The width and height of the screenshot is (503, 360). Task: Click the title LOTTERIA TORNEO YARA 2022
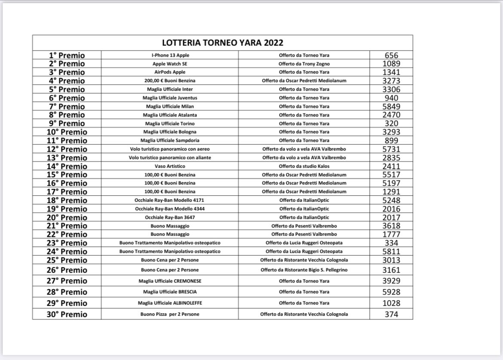(222, 43)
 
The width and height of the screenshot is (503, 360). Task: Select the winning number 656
(391, 55)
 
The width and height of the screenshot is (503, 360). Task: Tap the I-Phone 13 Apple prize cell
(170, 55)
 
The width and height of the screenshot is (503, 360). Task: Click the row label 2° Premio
(67, 64)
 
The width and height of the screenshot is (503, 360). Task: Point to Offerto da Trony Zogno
(304, 64)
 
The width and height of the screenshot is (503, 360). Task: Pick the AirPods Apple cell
(170, 72)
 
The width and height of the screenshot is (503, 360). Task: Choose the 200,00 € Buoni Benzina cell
(170, 80)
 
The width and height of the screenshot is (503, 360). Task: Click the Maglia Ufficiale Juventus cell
(170, 98)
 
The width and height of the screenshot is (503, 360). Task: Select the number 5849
(391, 106)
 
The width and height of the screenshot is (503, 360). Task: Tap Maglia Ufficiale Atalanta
(170, 115)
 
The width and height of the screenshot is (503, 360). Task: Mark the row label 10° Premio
(67, 132)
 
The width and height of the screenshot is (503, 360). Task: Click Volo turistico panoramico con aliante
(170, 157)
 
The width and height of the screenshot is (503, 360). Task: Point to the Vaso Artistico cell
(170, 166)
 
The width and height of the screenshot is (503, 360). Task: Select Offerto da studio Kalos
(304, 166)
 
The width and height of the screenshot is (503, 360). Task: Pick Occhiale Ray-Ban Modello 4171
(170, 200)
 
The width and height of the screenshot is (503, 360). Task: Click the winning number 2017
(391, 217)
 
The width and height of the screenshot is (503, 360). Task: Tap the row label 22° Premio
(67, 234)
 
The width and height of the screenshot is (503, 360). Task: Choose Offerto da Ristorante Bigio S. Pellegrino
(304, 270)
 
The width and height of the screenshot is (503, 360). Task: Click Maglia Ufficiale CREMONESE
(170, 281)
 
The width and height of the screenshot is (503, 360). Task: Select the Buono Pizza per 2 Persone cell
(170, 314)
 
